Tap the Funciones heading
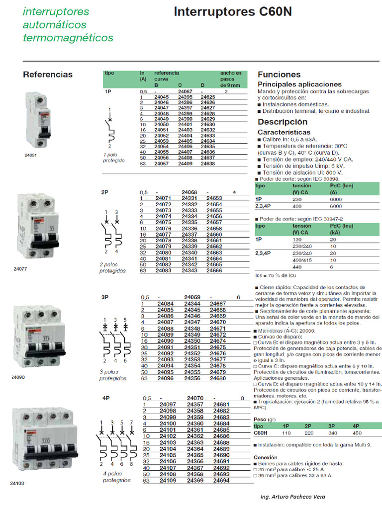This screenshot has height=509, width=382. [279, 75]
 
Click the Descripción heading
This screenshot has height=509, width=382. [283, 122]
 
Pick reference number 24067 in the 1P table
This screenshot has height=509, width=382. [185, 91]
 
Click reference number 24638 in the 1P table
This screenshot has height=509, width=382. [208, 163]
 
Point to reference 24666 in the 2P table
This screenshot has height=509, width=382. [214, 270]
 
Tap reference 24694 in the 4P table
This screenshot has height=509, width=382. [221, 481]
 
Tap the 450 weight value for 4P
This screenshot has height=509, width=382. [356, 433]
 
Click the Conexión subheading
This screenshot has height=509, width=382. [266, 457]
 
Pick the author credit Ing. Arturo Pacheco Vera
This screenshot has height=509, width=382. [293, 497]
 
